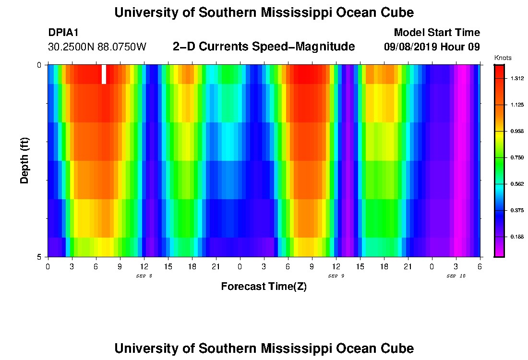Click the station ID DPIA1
click(63, 33)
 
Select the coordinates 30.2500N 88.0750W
click(97, 47)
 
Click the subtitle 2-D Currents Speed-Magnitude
click(264, 47)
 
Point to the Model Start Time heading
click(437, 33)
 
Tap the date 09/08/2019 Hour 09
click(432, 47)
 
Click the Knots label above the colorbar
click(503, 58)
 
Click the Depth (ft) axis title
click(25, 160)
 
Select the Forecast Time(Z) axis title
click(264, 287)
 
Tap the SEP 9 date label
click(336, 276)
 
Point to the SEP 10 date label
click(456, 276)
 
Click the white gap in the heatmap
click(104, 74)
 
